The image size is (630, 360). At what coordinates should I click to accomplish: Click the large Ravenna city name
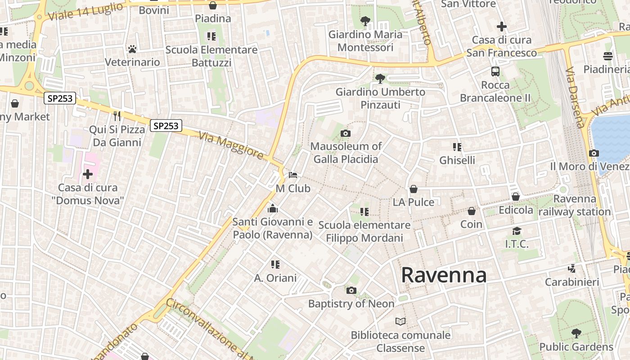pos(444,275)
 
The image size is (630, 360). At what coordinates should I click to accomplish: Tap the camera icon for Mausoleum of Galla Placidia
pos(346,133)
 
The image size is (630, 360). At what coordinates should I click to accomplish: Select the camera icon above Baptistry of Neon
pos(351,290)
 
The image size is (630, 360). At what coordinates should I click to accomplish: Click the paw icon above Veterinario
pos(132,49)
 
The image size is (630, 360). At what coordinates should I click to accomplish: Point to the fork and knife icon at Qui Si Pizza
pos(117,116)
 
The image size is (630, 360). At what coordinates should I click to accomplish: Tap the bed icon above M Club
pos(293,175)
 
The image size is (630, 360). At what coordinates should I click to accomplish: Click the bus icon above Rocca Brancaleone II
pos(495,72)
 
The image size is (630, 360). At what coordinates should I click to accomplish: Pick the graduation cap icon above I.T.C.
pos(517,231)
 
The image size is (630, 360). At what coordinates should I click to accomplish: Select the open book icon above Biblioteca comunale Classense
pos(400,321)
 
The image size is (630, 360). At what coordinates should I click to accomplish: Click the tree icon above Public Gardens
pos(576,333)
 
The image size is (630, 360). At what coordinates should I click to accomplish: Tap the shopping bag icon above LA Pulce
pos(414,189)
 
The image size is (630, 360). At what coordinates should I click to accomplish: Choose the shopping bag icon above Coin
pos(472,211)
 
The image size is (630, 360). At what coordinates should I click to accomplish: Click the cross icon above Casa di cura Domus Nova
pos(88,174)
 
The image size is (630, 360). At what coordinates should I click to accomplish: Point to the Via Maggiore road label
pos(231,145)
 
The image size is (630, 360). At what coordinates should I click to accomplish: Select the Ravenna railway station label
pos(575,205)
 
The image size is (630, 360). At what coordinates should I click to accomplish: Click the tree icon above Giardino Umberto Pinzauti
pos(380,79)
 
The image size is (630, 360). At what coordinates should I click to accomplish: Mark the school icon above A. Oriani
pos(275,265)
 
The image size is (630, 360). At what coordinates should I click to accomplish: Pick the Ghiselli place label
pos(457,160)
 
